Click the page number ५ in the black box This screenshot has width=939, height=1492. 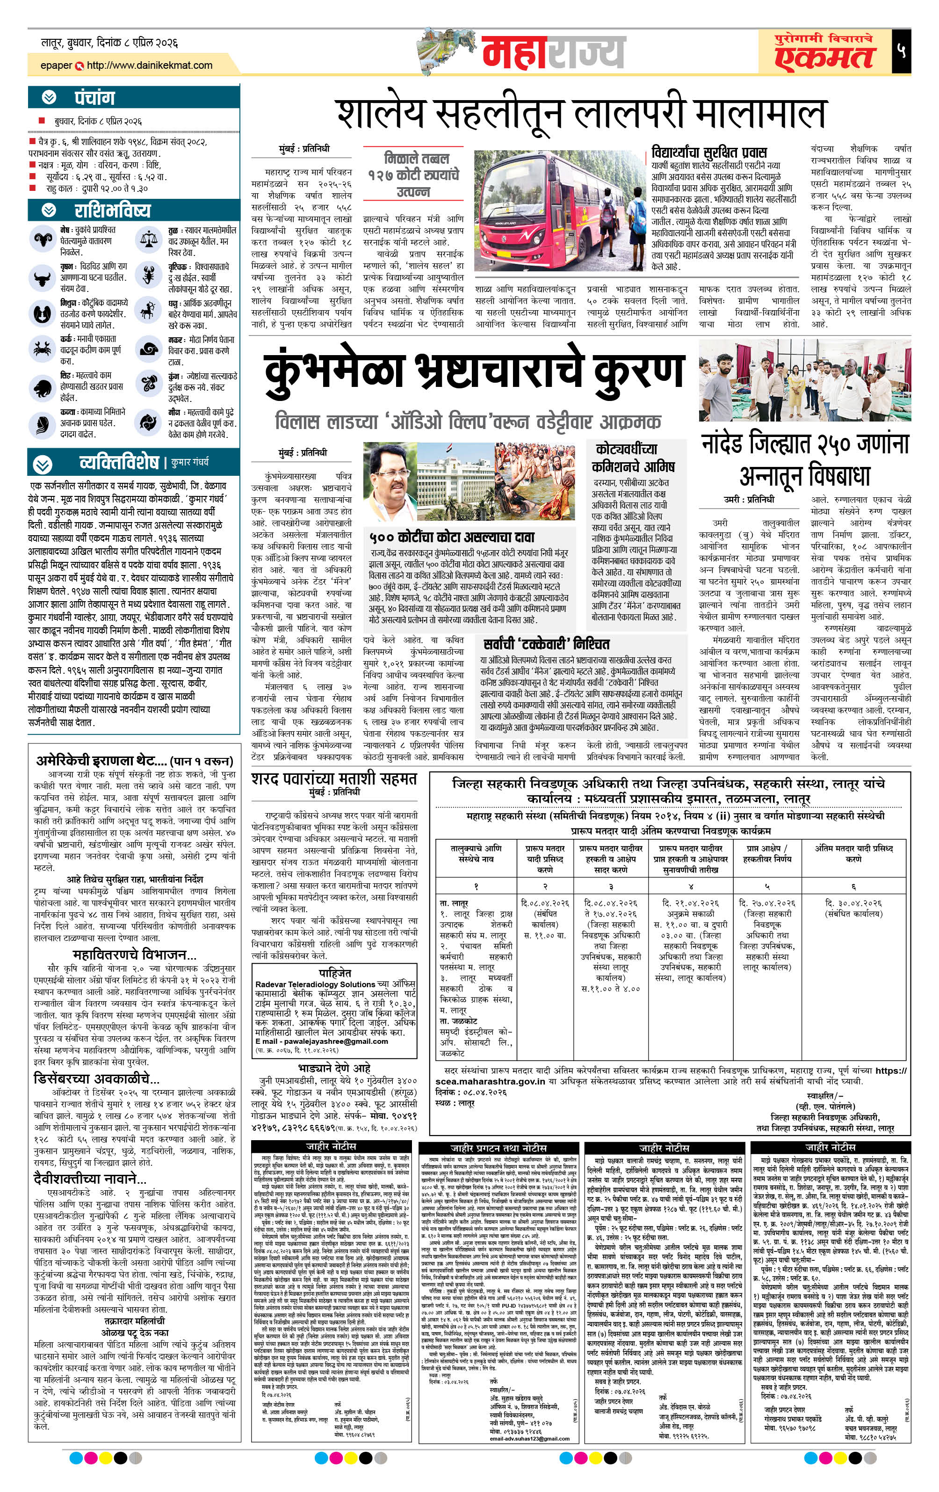(x=901, y=51)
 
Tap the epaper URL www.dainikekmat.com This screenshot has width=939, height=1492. (x=149, y=65)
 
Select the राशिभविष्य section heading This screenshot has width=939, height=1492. (x=112, y=211)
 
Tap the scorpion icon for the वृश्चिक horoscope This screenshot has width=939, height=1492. (x=149, y=275)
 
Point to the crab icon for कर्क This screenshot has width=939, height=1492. (x=42, y=349)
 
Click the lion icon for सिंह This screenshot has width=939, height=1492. (x=42, y=388)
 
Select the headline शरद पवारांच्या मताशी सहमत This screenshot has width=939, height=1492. (x=334, y=779)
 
